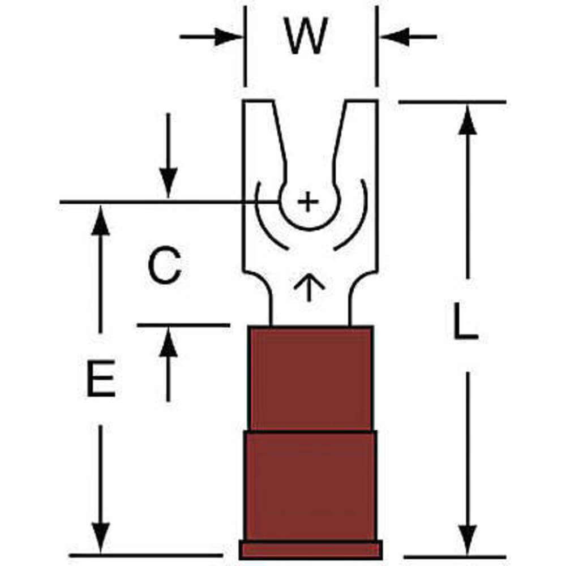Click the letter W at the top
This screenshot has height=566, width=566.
[307, 38]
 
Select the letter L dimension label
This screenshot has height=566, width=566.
[465, 321]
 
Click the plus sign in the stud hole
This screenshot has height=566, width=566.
[307, 201]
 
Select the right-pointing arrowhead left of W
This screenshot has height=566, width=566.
[230, 37]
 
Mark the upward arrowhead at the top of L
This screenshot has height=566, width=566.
[467, 120]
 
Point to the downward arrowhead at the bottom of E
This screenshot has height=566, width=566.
[101, 538]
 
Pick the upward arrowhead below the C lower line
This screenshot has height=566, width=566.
[168, 344]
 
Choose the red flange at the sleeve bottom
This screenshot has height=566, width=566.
[310, 549]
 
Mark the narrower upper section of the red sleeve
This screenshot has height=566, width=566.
[310, 378]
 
